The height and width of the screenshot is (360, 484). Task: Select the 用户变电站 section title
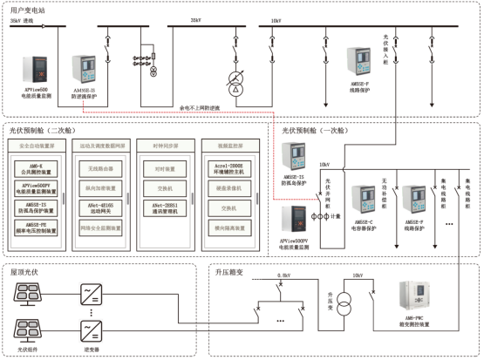click(26, 7)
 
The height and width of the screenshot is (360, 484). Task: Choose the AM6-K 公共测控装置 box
click(38, 166)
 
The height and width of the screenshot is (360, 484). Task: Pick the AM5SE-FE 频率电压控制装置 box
click(38, 229)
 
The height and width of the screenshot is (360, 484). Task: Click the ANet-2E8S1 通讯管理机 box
click(160, 208)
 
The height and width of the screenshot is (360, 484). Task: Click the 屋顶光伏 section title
click(25, 272)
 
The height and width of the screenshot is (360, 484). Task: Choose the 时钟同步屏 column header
click(160, 145)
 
